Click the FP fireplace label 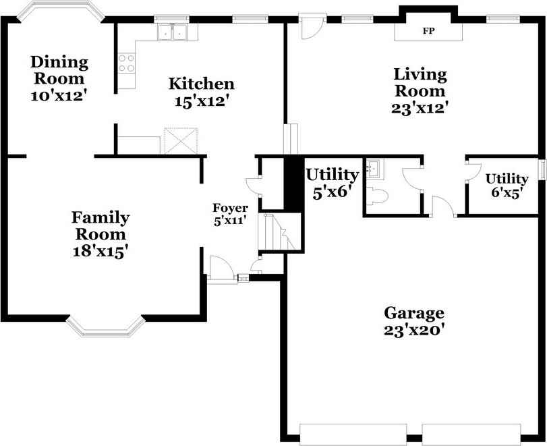click(428, 31)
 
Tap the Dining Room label click(59, 70)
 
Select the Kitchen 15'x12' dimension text click(201, 102)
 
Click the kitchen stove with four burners click(126, 63)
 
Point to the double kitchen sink click(173, 31)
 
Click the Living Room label click(420, 82)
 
